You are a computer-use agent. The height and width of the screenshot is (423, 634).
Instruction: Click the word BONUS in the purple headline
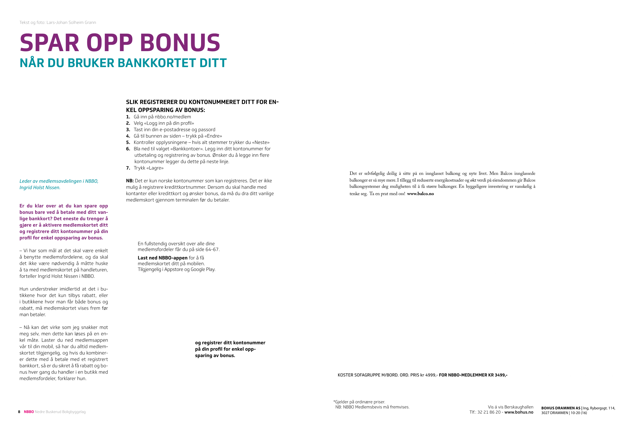click(180, 43)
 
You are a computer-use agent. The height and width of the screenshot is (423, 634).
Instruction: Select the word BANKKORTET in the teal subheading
click(157, 63)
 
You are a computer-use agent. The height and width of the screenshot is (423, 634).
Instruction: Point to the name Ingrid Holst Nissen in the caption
click(40, 187)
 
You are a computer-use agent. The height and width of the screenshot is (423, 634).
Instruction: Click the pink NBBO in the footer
click(29, 412)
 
